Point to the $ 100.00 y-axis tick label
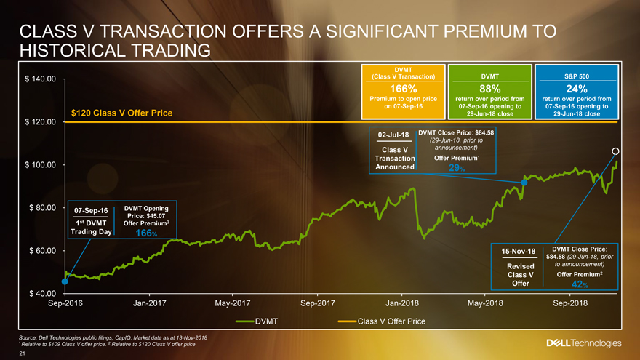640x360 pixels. click(x=41, y=165)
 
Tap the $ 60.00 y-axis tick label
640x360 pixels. click(x=43, y=251)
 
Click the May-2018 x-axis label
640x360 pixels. click(x=485, y=303)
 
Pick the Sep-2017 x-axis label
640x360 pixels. click(x=318, y=303)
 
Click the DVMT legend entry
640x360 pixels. click(x=267, y=321)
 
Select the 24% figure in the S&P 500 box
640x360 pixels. click(x=576, y=89)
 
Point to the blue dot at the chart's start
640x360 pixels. click(x=65, y=281)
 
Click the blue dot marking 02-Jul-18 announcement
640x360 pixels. click(x=524, y=182)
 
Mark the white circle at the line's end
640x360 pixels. click(x=615, y=151)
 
